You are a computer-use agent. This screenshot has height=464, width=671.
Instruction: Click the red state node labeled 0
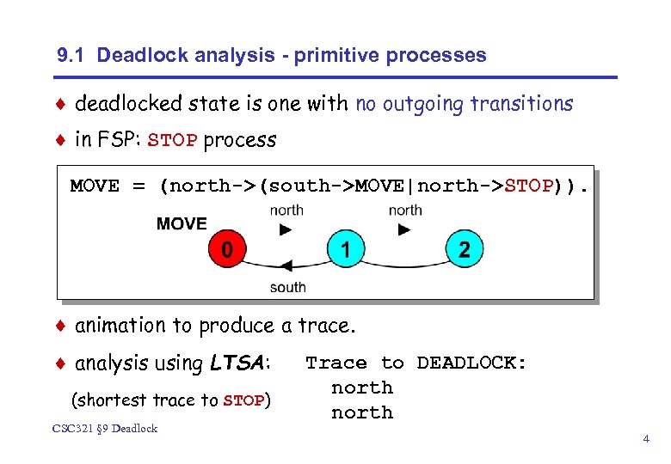226,250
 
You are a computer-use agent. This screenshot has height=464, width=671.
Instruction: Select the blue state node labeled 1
345,250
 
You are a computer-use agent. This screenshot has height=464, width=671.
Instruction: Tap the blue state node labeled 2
465,250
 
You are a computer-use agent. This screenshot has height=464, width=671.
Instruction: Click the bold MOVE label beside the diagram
182,223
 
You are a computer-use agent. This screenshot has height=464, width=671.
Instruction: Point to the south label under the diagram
287,287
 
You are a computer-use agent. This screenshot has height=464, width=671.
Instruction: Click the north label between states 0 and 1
286,210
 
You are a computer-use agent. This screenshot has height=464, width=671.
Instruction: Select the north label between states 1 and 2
404,210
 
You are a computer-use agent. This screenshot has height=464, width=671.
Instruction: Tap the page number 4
645,440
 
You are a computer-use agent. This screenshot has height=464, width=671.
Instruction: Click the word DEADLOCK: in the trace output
471,363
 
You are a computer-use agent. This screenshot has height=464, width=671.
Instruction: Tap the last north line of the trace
362,412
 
